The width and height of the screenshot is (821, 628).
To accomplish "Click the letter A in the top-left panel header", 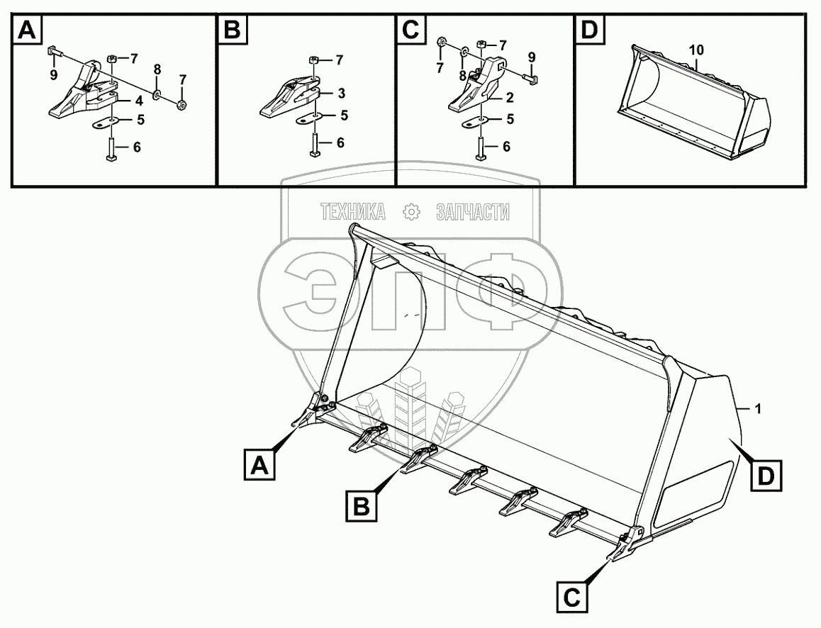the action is (27, 30).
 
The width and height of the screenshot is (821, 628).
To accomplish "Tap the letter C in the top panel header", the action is (411, 30).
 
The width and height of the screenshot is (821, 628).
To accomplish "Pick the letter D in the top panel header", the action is (590, 30).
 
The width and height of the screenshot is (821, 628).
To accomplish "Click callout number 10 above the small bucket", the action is (696, 51).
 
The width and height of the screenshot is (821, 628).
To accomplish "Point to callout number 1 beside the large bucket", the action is (759, 409).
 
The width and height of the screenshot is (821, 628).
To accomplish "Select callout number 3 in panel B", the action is (342, 94).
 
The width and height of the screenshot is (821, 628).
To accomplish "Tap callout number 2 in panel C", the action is (510, 97).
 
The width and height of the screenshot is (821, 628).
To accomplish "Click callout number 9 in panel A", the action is (54, 76).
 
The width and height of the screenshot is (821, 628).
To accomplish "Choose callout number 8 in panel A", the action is (157, 69).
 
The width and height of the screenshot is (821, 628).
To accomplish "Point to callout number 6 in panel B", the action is (340, 142).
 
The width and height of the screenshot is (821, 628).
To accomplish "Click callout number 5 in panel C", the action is (510, 120).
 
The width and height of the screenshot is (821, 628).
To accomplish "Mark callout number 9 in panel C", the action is (532, 57).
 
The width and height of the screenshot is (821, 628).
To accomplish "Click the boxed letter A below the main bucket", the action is (259, 465).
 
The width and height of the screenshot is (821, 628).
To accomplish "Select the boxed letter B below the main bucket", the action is (362, 506).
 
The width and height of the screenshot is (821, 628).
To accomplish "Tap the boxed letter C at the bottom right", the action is (572, 596).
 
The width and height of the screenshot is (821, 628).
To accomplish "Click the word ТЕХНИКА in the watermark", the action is (353, 213).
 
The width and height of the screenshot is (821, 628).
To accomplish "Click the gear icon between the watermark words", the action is (411, 213).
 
